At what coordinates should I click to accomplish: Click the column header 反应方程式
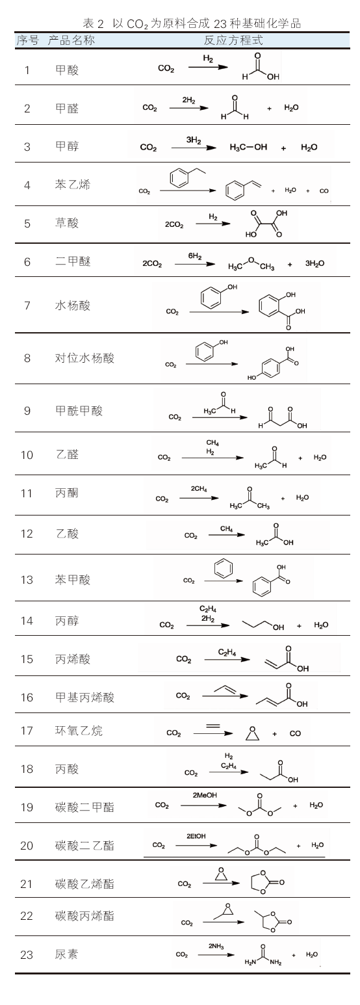pyautogui.click(x=233, y=40)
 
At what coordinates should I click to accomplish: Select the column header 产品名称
pyautogui.click(x=71, y=40)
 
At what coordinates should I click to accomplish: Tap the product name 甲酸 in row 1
pyautogui.click(x=67, y=70)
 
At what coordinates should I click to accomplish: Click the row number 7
pyautogui.click(x=27, y=306)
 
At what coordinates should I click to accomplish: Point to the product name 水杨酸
pyautogui.click(x=73, y=306)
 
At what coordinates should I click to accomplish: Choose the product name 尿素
pyautogui.click(x=67, y=954)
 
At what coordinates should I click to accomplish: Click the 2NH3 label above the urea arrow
pyautogui.click(x=216, y=946)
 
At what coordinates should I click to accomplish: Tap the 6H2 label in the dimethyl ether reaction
pyautogui.click(x=195, y=256)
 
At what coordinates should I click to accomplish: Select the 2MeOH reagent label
pyautogui.click(x=205, y=795)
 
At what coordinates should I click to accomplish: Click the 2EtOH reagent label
pyautogui.click(x=196, y=836)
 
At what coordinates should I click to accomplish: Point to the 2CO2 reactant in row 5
pyautogui.click(x=174, y=224)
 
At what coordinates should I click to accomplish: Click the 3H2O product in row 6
pyautogui.click(x=315, y=263)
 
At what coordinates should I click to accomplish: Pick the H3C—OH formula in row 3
pyautogui.click(x=248, y=147)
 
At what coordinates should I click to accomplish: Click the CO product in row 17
pyautogui.click(x=296, y=733)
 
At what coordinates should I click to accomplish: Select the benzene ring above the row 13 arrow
pyautogui.click(x=224, y=569)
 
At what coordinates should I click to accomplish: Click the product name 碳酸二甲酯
pyautogui.click(x=84, y=807)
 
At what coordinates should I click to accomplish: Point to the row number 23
pyautogui.click(x=27, y=954)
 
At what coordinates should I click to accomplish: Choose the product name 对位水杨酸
pyautogui.click(x=84, y=358)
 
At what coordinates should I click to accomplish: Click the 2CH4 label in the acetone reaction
pyautogui.click(x=199, y=489)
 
